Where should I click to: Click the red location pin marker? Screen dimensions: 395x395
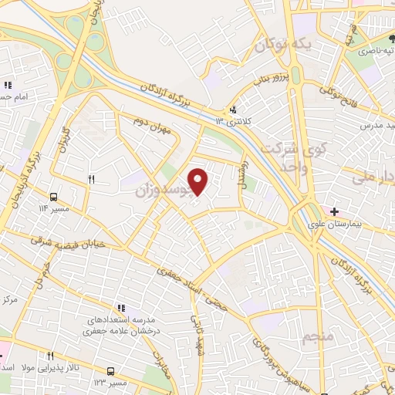(x=198, y=181)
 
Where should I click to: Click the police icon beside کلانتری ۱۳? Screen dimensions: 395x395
(x=233, y=109)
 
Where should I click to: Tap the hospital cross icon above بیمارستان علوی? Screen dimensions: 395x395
(x=334, y=211)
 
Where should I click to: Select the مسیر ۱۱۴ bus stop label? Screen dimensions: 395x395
(x=55, y=208)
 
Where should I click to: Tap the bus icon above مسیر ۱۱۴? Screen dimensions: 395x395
(x=55, y=197)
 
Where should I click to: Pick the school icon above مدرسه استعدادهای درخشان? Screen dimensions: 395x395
(x=121, y=308)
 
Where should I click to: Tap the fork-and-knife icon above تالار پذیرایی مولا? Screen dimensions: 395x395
(x=50, y=356)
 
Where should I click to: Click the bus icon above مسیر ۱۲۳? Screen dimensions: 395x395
(x=110, y=371)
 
